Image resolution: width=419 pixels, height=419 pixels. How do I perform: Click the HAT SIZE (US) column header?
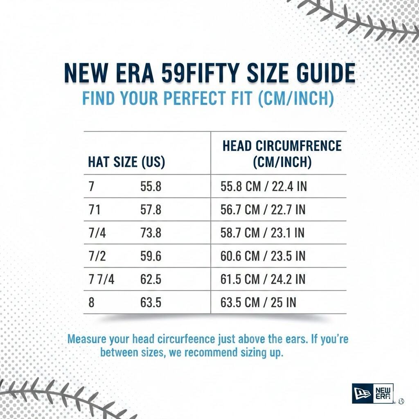(126, 162)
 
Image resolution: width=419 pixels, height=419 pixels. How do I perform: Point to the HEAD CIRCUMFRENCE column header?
(282, 146)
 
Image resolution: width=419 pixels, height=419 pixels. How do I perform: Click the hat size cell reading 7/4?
(97, 233)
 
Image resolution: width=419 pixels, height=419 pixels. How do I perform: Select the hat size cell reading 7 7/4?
(101, 280)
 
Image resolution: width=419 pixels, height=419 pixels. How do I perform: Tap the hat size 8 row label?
(91, 303)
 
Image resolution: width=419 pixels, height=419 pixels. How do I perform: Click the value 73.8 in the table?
(151, 233)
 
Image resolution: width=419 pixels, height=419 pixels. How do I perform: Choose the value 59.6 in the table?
(151, 257)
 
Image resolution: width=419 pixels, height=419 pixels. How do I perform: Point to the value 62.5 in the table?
(151, 280)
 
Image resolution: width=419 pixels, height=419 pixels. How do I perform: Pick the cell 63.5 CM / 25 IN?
(259, 303)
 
